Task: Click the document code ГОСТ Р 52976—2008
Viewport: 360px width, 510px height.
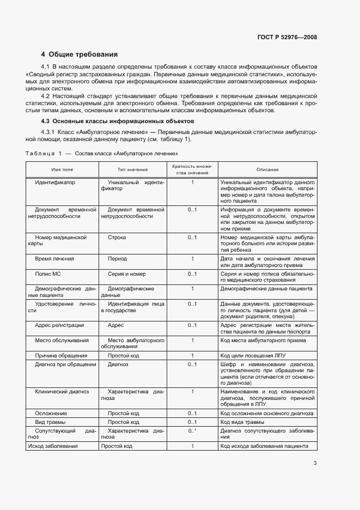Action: point(287,38)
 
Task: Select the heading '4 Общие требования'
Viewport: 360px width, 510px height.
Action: point(80,54)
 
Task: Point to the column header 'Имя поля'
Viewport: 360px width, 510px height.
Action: point(62,169)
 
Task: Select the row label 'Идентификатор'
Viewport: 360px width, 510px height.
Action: point(55,182)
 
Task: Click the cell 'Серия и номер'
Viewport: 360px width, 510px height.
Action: point(126,274)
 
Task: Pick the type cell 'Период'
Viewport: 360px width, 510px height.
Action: point(117,259)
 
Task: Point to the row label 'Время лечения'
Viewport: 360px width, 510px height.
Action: point(54,259)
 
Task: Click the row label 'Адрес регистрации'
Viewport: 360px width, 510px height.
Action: point(59,325)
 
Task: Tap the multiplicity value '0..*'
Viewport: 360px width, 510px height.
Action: point(192,431)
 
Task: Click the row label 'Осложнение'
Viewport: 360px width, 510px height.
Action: point(51,414)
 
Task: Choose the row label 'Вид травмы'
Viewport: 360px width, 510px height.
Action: point(50,422)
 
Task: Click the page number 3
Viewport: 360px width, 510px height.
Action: point(315,464)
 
